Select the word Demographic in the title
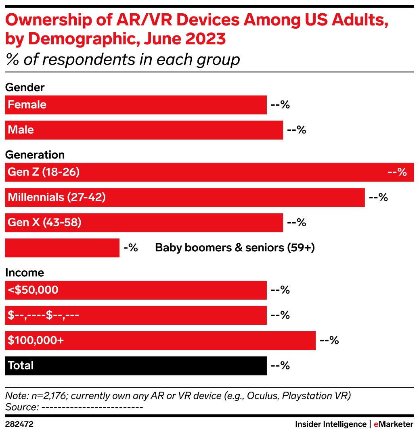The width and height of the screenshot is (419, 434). (x=79, y=40)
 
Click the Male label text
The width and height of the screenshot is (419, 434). (x=21, y=130)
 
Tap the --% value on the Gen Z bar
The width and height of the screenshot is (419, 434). (x=397, y=172)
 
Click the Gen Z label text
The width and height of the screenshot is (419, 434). (x=24, y=172)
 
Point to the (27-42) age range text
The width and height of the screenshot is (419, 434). (x=86, y=198)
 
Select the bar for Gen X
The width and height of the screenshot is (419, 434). (x=182, y=223)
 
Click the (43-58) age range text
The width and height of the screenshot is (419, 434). (x=62, y=223)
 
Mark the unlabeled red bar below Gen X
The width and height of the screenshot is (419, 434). (x=62, y=248)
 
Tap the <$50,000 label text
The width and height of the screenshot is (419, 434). (x=33, y=290)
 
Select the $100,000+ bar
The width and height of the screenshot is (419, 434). (x=182, y=340)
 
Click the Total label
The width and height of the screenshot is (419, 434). (x=21, y=366)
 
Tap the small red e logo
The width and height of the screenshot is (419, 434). (x=376, y=424)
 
